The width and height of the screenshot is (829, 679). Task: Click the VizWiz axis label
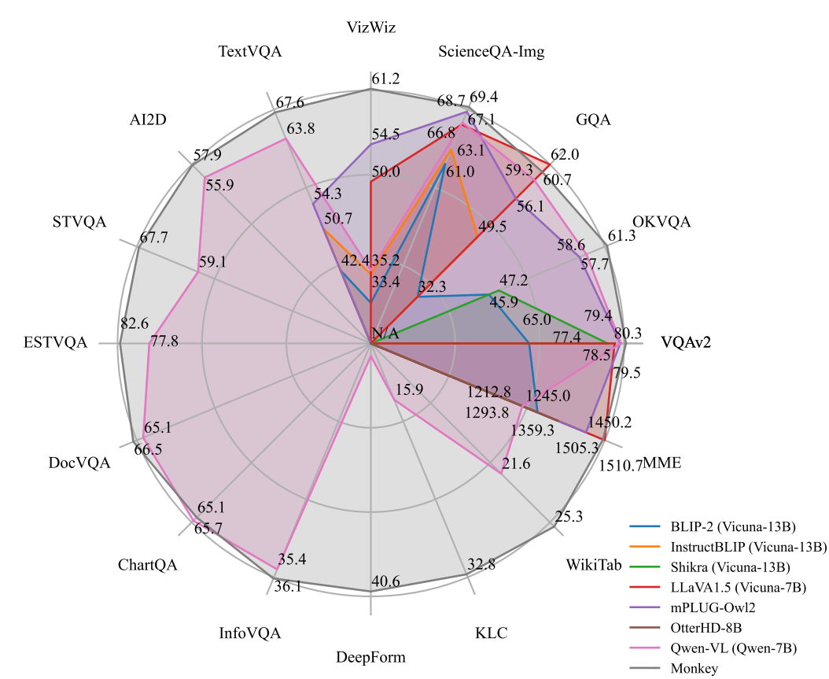[x=370, y=28]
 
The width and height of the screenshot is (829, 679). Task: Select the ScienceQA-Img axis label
[x=492, y=53]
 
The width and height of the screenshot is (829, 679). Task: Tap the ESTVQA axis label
[x=55, y=343]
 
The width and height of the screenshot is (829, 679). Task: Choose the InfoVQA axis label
[x=250, y=633]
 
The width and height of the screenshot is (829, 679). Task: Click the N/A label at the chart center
[x=385, y=334]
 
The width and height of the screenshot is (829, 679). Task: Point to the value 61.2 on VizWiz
[x=385, y=79]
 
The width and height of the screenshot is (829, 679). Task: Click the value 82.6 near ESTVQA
[x=134, y=323]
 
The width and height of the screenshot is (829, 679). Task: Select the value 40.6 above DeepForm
[x=385, y=583]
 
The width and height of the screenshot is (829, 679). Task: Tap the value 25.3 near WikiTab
[x=568, y=517]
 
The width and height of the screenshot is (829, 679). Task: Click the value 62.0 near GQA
[x=565, y=154]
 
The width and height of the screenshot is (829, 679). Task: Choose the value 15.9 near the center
[x=410, y=389]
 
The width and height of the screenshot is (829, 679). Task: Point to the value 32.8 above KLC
[x=481, y=563]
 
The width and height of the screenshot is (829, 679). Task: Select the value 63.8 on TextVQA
[x=300, y=129]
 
